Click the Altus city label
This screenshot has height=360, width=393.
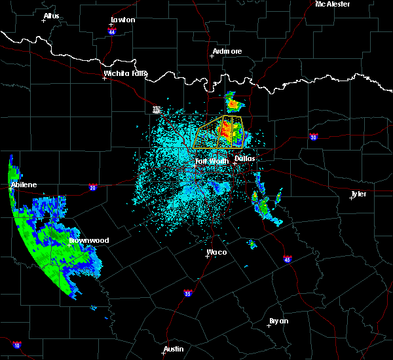(51, 16)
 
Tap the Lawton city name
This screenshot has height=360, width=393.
(122, 20)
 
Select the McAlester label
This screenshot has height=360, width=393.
(333, 4)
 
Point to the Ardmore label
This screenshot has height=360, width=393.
(227, 51)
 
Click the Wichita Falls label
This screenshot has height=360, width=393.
(126, 73)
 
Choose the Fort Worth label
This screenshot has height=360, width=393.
(212, 160)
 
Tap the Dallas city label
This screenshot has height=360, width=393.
(245, 158)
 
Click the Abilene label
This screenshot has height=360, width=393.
(23, 185)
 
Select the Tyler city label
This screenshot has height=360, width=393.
(358, 194)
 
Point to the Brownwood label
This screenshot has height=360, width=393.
(89, 240)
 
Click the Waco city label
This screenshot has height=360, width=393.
(216, 251)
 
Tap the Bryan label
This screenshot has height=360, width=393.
(279, 321)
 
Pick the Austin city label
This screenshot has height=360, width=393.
(174, 349)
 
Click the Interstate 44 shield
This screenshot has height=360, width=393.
(112, 31)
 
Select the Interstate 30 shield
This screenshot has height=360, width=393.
(314, 137)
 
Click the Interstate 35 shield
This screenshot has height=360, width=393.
(188, 293)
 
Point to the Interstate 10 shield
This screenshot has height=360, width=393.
(16, 345)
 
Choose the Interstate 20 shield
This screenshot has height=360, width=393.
(93, 187)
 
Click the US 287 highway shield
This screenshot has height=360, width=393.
(157, 109)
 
